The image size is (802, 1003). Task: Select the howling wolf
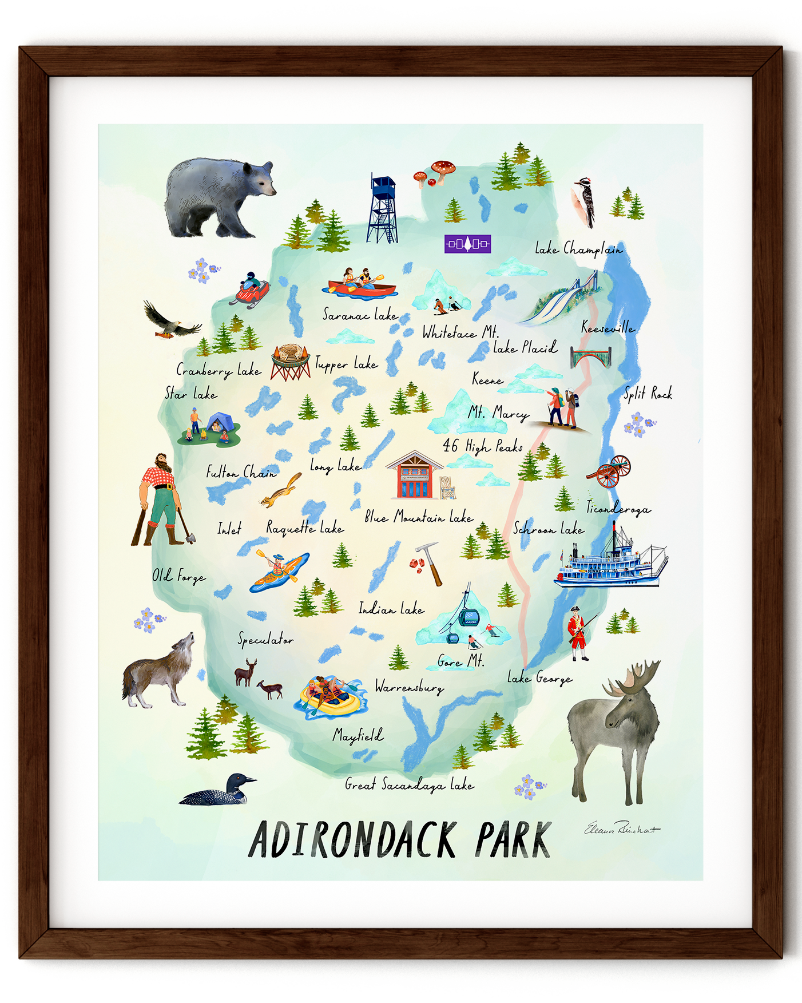[x=157, y=672]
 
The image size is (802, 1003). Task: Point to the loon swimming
[x=217, y=791]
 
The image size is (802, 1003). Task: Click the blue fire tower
[x=382, y=209]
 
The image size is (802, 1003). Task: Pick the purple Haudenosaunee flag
[x=467, y=244]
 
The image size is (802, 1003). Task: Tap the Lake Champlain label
[x=578, y=249]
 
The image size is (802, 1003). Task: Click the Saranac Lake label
[x=360, y=315]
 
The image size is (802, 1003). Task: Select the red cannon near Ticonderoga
[x=610, y=471]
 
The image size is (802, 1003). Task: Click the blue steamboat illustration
[x=610, y=564]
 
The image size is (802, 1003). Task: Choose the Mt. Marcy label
[x=498, y=413]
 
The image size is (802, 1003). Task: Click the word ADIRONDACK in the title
[x=352, y=840]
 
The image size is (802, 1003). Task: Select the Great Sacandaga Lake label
[x=409, y=785]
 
